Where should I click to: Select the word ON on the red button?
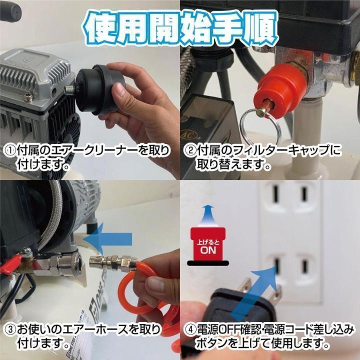pyautogui.click(x=208, y=249)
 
